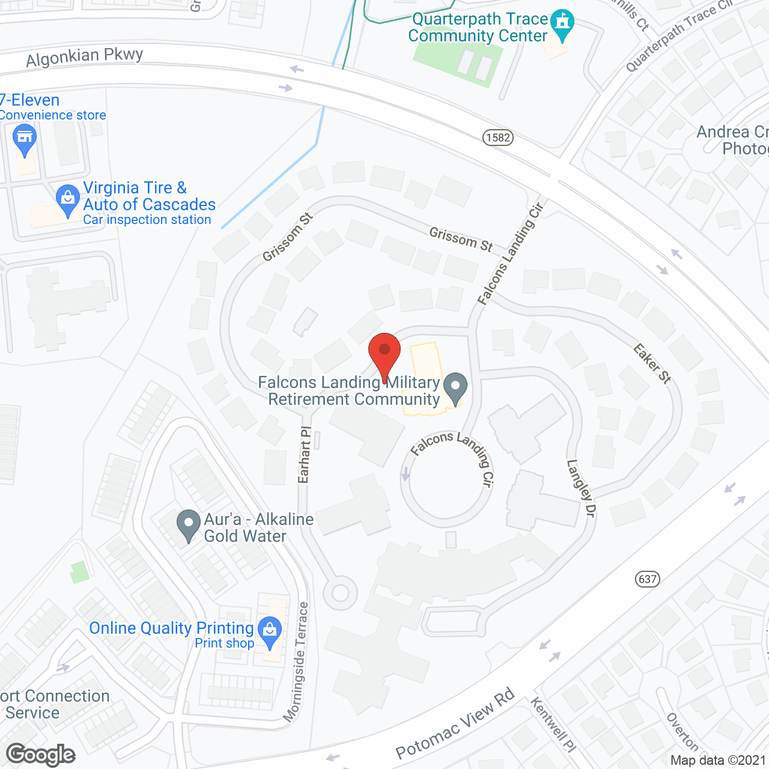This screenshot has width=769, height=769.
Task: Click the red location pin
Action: (384, 352)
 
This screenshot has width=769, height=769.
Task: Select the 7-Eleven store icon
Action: (25, 138)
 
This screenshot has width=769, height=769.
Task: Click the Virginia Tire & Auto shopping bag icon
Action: (67, 198)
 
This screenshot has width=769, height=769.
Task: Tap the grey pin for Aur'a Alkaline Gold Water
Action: (189, 524)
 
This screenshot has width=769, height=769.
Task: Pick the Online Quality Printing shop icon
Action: (270, 631)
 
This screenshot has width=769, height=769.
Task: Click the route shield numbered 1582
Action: (498, 138)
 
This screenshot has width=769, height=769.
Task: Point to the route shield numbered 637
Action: (647, 579)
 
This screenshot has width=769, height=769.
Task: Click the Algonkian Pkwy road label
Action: (85, 57)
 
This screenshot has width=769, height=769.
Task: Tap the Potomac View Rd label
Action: (455, 723)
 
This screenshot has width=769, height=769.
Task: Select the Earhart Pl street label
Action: (305, 455)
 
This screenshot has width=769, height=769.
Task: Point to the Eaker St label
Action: (652, 363)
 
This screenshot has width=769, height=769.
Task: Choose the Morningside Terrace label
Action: (296, 661)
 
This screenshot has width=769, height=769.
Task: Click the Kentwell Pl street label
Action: (553, 724)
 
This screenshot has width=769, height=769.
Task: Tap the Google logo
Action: (41, 755)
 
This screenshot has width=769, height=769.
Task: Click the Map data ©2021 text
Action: (718, 760)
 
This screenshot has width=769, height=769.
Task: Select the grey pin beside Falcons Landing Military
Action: (455, 387)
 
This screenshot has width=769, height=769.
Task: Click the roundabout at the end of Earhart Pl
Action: (340, 593)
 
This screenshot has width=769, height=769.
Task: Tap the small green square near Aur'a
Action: (79, 572)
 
